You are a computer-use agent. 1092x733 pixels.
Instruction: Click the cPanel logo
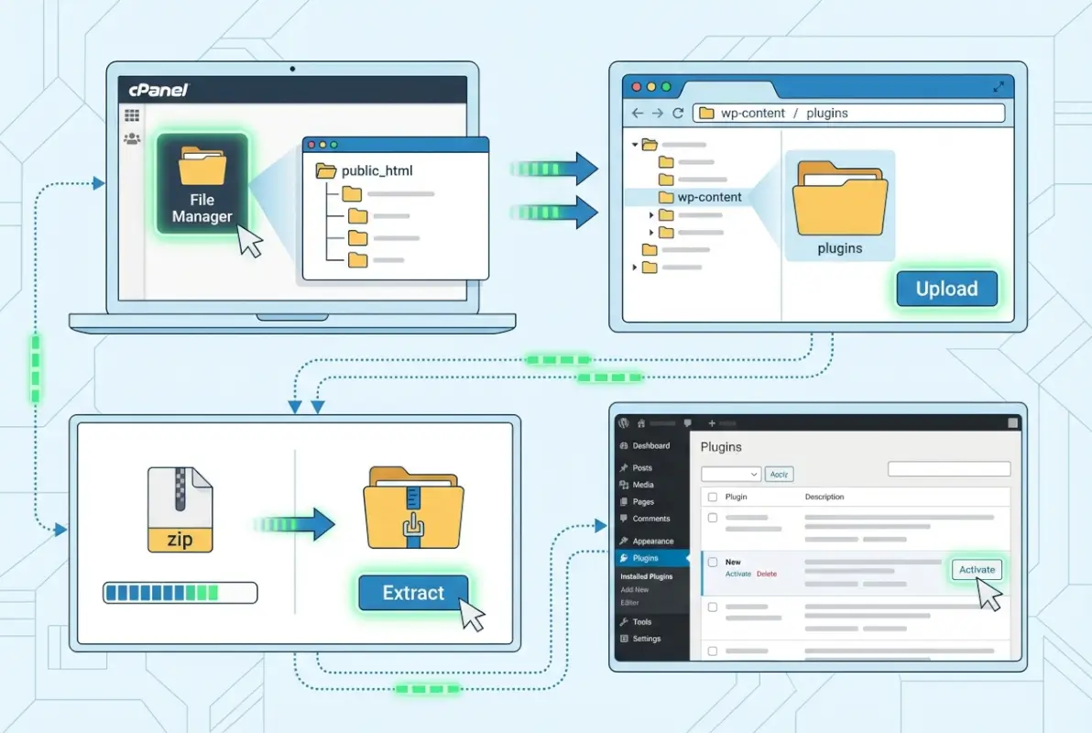click(158, 90)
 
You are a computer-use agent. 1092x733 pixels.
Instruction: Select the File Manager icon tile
click(202, 183)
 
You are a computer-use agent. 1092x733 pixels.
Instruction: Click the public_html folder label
click(377, 170)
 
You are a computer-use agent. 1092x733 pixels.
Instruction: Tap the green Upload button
click(946, 289)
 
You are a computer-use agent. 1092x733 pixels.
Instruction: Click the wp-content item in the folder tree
click(709, 197)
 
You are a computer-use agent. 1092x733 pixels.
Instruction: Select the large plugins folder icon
click(840, 199)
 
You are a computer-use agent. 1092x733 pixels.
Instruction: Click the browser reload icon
click(678, 114)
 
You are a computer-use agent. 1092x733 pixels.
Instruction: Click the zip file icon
click(180, 509)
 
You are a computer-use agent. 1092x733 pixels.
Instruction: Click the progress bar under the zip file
click(180, 594)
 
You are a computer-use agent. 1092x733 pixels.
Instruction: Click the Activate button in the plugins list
click(977, 570)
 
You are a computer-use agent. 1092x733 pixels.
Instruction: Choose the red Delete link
click(766, 574)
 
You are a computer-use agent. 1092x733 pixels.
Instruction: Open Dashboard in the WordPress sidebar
click(650, 446)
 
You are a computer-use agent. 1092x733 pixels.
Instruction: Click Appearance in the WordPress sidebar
click(652, 542)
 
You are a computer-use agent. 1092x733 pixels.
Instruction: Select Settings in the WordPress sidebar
click(646, 639)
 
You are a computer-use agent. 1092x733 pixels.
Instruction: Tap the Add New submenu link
click(634, 590)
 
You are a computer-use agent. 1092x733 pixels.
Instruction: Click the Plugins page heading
click(721, 447)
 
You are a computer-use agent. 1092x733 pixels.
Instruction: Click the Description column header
click(824, 497)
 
